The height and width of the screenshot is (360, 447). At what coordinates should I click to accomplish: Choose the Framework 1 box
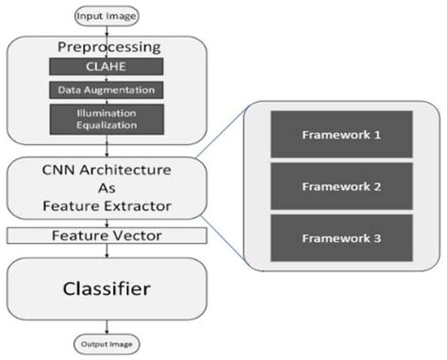tap(340, 135)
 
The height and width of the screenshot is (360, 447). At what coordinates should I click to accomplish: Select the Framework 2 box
tap(340, 187)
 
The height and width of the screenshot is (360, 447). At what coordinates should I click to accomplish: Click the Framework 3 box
tap(340, 238)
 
